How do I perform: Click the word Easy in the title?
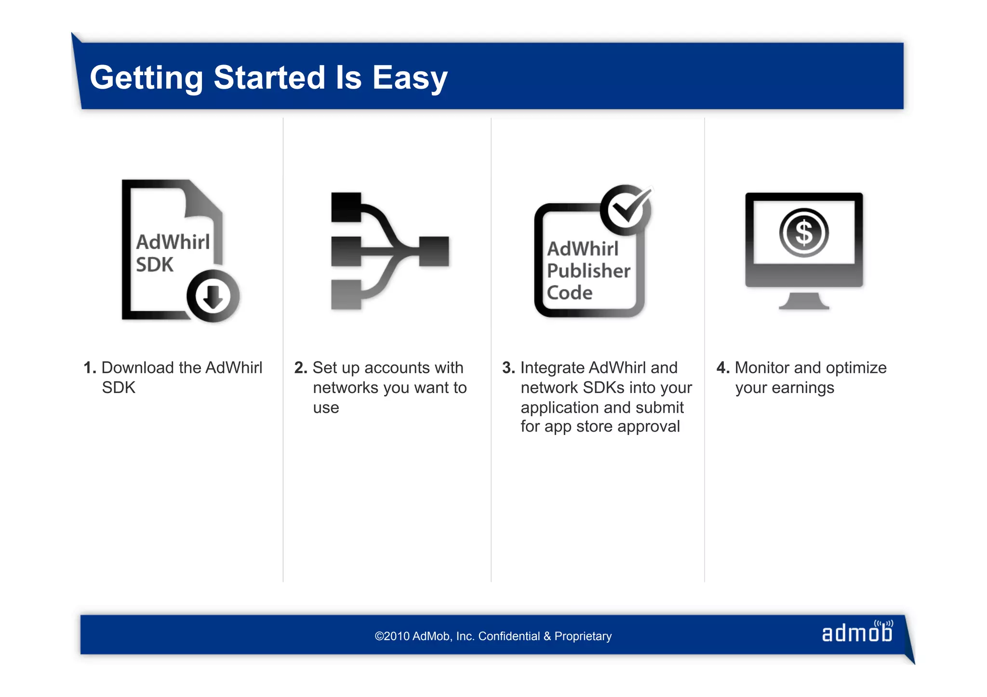pos(410,78)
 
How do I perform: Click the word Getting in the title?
pos(147,78)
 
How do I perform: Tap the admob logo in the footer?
pos(857,632)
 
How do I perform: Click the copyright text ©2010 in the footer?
pos(392,636)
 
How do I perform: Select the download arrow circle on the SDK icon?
pos(213,296)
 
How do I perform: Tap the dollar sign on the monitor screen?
pos(804,233)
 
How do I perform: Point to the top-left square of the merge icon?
pos(346,207)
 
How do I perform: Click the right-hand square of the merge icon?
pos(434,251)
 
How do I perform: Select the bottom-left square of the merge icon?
pos(346,294)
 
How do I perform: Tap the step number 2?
pos(301,368)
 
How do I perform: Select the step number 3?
pos(508,368)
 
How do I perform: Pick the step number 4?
pos(723,368)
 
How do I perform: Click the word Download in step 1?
pos(138,368)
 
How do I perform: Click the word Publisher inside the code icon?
pos(588,271)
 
